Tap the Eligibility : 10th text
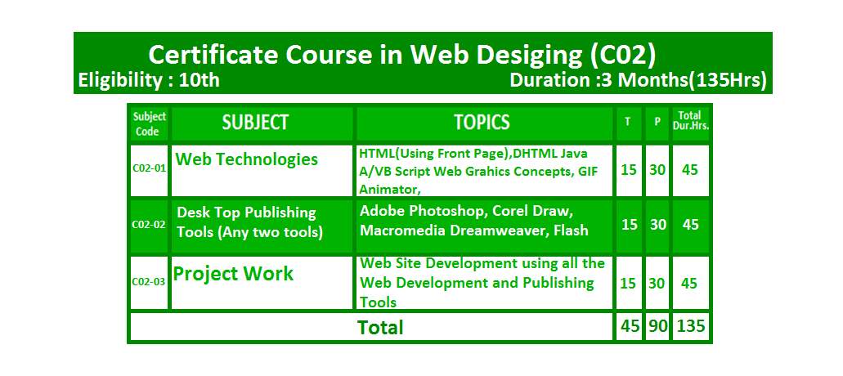[149, 80]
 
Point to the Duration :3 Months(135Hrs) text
[638, 80]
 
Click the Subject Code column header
[150, 123]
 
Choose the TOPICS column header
[482, 123]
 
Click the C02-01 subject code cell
[149, 168]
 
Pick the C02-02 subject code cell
[149, 225]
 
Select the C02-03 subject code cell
[149, 281]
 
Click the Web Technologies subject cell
[247, 159]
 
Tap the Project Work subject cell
[233, 273]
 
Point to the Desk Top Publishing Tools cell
[249, 222]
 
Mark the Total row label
[380, 327]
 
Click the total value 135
[691, 326]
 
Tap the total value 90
[657, 326]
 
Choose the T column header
[627, 122]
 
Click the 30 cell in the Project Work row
[657, 283]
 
